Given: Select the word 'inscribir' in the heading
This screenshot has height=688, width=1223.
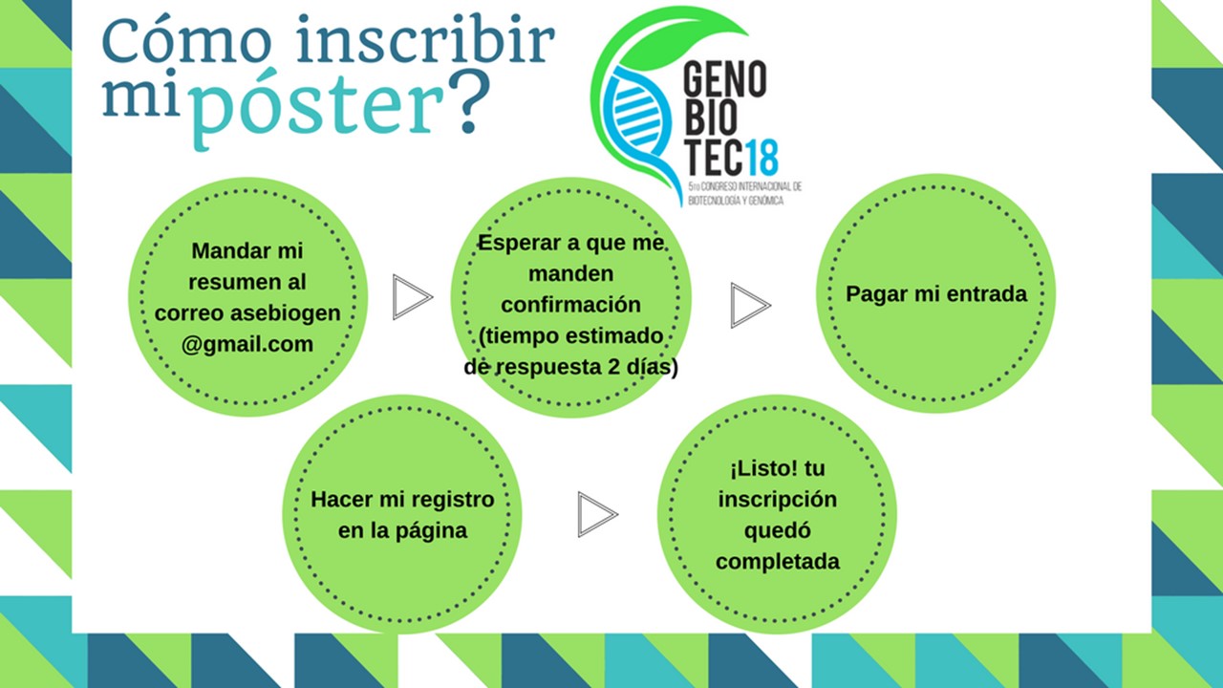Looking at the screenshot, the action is (x=426, y=38).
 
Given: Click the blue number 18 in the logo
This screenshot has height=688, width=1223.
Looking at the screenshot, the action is (x=761, y=158).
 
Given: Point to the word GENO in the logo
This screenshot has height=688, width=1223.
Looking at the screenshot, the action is (x=725, y=79).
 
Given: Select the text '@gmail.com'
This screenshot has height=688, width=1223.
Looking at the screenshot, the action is (x=247, y=345).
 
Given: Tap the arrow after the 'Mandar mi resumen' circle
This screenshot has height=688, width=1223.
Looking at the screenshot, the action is (x=413, y=297).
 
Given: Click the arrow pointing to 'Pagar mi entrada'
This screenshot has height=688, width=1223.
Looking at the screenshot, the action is (x=751, y=305).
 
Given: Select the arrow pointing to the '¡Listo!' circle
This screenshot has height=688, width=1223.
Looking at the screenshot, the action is (x=598, y=514).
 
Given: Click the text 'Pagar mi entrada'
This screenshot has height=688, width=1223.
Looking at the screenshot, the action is (x=936, y=294).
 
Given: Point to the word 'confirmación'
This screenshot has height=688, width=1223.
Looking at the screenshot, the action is (x=570, y=305).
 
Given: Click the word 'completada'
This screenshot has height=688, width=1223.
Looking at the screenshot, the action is (x=778, y=562).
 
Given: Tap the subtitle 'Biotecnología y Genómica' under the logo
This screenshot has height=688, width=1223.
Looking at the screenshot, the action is (x=736, y=201).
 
